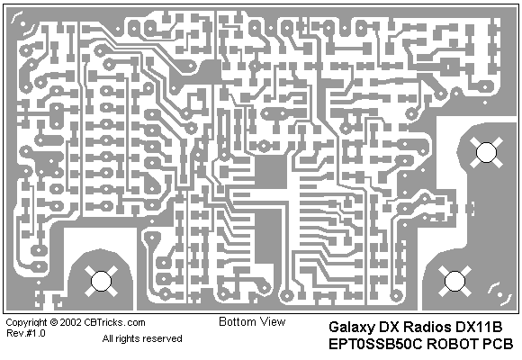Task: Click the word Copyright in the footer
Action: [27, 323]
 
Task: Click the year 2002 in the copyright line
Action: [70, 323]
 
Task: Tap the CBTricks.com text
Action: [114, 323]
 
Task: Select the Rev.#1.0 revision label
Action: [25, 333]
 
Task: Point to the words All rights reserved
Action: [142, 339]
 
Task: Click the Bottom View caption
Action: [252, 321]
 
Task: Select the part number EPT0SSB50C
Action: [375, 344]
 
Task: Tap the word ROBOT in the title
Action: [453, 344]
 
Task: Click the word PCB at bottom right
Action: [498, 344]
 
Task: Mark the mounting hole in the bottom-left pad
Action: [101, 281]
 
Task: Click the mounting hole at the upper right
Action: [486, 152]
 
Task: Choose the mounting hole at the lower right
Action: [454, 281]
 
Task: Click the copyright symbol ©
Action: [54, 323]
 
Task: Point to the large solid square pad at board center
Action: [271, 173]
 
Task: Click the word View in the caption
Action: [273, 321]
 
